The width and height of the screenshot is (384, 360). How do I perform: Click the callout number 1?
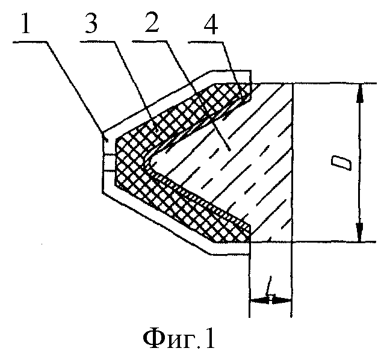[26, 23]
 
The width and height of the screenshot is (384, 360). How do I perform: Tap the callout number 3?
[91, 23]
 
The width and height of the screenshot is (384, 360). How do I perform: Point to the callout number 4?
[211, 25]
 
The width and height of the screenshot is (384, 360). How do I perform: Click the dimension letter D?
[341, 164]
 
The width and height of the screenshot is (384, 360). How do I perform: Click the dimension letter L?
[270, 286]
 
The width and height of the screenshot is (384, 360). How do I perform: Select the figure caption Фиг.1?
[179, 339]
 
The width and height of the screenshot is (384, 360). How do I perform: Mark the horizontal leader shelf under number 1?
[29, 42]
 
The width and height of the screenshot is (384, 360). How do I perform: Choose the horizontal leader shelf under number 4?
[205, 42]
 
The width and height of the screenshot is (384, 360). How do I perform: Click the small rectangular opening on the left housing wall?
[108, 162]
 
